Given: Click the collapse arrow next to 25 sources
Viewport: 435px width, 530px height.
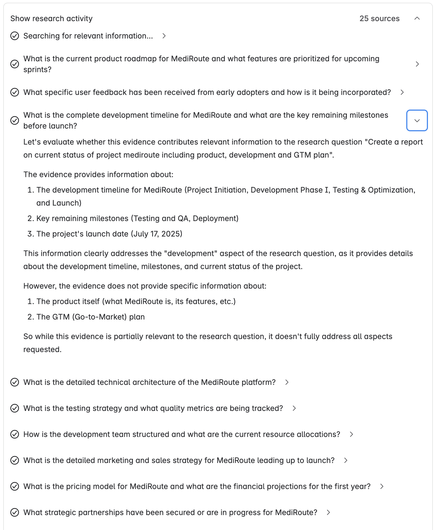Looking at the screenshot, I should [417, 18].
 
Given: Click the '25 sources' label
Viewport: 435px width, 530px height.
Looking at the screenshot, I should [379, 18].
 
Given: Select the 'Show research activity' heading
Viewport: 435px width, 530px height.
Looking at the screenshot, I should [52, 18].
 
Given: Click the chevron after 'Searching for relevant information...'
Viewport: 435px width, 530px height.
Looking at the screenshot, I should [164, 36].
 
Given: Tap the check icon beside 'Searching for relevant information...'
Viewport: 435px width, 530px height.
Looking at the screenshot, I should [15, 36].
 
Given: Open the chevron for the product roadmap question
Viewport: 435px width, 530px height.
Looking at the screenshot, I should [417, 64].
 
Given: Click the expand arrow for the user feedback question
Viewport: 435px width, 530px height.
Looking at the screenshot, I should [402, 92].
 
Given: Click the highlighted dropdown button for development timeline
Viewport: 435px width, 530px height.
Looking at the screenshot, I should [417, 120].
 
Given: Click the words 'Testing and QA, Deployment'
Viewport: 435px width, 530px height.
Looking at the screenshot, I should [185, 218].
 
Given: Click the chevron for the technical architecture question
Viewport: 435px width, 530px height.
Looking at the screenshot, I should [287, 382].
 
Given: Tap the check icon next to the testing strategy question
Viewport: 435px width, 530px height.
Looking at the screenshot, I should [15, 408].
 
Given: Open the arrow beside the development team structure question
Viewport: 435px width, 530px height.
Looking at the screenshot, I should [351, 434].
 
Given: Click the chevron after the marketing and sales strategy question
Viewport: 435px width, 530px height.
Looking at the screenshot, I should [346, 460].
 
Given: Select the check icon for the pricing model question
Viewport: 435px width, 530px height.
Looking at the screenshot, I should [15, 486].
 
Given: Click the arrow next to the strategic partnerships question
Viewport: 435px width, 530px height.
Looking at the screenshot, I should [328, 512].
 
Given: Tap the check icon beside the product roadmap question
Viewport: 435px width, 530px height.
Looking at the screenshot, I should [15, 64].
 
